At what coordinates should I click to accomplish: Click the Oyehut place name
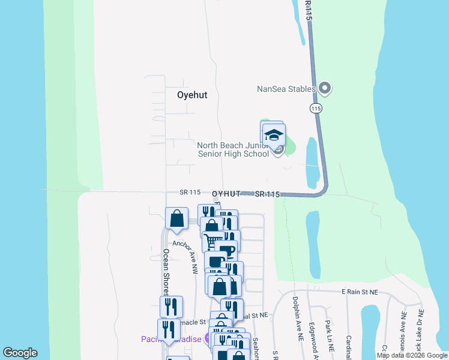pos(192,95)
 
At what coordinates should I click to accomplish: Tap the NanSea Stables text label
pos(286,89)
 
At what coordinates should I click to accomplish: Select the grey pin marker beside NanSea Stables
pos(325,89)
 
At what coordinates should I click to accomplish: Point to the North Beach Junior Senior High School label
pos(233,149)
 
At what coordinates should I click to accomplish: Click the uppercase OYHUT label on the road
pos(226,194)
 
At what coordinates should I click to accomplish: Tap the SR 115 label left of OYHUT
pos(189,192)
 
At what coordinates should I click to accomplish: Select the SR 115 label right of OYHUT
pos(267,194)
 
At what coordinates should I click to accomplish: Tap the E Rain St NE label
pos(360,292)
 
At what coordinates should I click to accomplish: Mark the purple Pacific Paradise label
pos(171,339)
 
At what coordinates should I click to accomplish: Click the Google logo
pos(20,353)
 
